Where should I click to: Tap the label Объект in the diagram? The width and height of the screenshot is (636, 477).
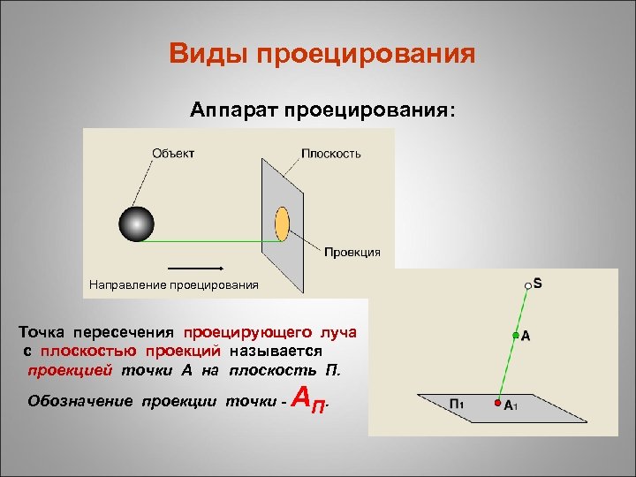click(173, 153)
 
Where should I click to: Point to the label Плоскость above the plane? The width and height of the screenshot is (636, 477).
click(331, 153)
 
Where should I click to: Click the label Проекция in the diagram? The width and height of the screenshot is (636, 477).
click(352, 252)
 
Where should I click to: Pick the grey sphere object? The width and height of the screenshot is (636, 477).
click(136, 223)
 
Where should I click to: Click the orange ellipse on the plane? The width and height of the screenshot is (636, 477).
click(283, 223)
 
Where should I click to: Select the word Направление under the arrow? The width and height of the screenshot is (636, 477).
click(125, 284)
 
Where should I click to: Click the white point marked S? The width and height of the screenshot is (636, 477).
click(527, 285)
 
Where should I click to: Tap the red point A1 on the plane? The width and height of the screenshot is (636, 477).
click(497, 404)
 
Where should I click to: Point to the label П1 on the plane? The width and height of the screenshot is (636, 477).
click(458, 404)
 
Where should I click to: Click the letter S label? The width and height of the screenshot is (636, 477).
click(538, 284)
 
